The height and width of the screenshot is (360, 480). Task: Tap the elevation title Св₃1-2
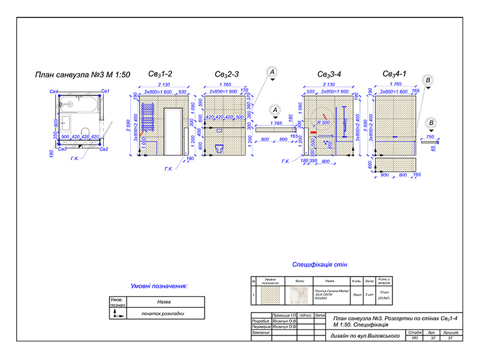[161, 74]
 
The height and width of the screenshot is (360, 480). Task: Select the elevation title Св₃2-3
[227, 74]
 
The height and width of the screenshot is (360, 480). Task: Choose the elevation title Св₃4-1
[395, 74]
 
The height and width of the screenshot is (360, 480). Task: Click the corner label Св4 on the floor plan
[53, 91]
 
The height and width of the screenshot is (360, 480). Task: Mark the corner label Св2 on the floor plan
[104, 149]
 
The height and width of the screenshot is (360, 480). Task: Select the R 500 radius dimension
[324, 122]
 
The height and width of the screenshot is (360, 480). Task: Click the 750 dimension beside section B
[430, 137]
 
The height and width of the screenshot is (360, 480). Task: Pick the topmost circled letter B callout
[428, 80]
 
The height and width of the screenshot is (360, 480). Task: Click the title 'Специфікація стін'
[319, 265]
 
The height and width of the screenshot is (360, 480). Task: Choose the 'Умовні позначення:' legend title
[159, 286]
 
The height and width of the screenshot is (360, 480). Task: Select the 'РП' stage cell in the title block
[415, 339]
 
